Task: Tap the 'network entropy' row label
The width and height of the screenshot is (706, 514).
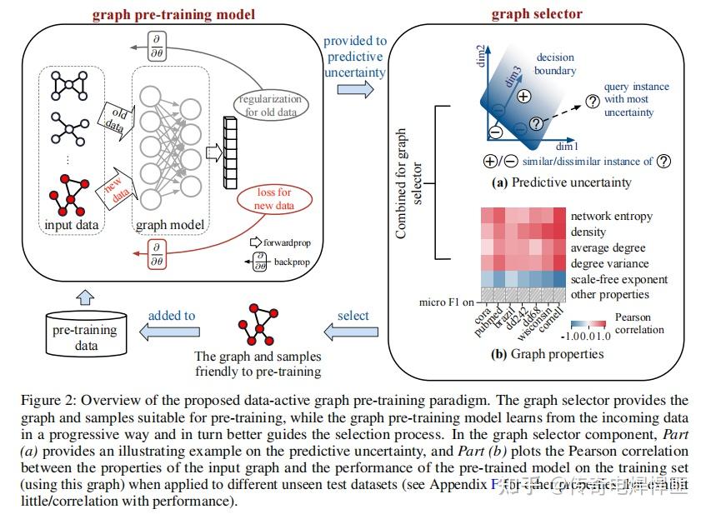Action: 611,216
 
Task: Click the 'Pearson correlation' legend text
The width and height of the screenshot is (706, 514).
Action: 638,323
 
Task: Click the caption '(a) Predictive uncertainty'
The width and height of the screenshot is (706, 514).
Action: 562,182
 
